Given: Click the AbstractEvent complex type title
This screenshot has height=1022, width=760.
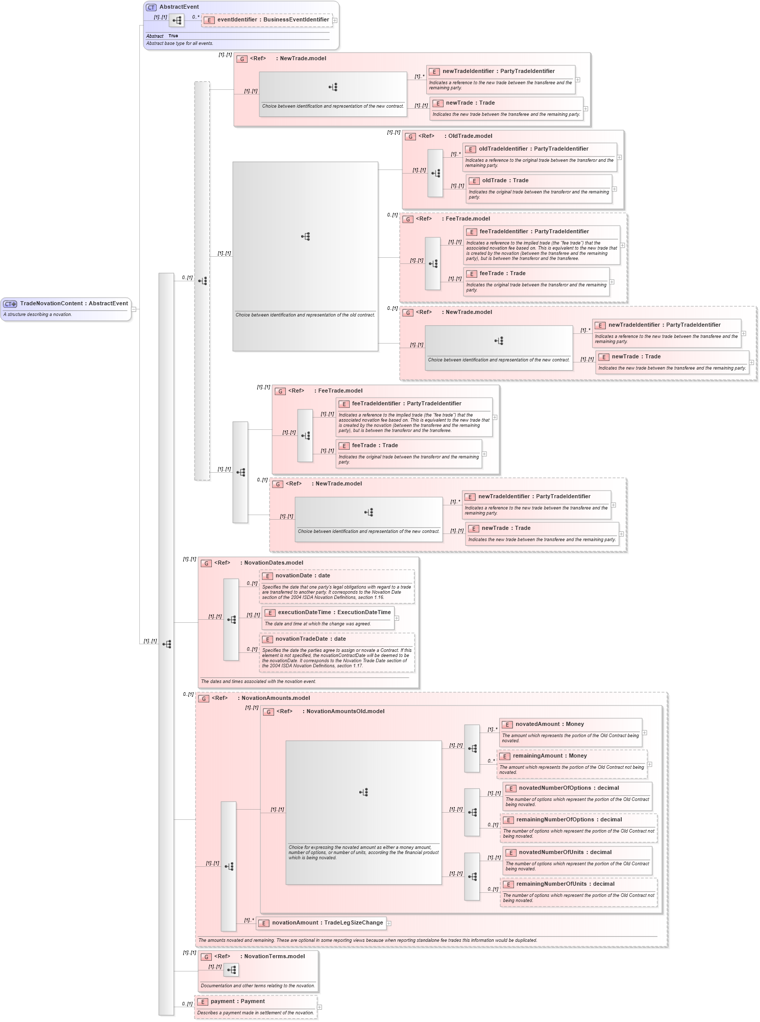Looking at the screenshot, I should (x=179, y=7).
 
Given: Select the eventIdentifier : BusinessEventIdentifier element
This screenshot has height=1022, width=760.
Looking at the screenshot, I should (x=273, y=20).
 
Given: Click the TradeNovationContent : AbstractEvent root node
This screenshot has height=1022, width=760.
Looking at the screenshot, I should (x=73, y=304).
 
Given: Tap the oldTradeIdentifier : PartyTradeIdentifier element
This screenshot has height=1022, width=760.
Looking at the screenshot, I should (x=533, y=149).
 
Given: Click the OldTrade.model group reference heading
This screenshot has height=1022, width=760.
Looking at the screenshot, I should (x=470, y=136).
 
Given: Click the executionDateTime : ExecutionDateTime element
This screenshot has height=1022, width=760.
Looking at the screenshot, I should (x=334, y=613).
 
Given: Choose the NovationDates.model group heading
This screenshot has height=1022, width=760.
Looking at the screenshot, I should (x=273, y=563).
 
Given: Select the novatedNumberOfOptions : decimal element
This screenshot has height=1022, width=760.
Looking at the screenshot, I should (x=568, y=788).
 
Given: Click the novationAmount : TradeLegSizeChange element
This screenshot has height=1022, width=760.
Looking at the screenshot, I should (x=327, y=923).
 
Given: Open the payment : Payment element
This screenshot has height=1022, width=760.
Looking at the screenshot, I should (x=237, y=1002).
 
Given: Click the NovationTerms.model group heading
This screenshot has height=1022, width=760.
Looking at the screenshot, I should (x=274, y=957).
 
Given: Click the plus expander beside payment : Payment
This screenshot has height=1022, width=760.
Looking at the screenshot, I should (x=320, y=1007).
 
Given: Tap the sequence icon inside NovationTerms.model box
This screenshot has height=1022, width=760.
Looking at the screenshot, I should (x=231, y=970).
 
